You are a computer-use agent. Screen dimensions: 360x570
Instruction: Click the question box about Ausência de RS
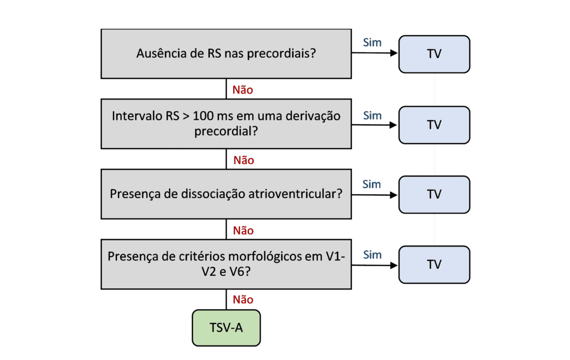tap(226, 54)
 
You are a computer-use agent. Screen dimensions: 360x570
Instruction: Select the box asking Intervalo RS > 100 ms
tap(226, 124)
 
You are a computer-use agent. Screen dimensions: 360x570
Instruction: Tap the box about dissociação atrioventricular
tap(226, 194)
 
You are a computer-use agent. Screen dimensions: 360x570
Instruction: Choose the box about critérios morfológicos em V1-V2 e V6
tap(226, 264)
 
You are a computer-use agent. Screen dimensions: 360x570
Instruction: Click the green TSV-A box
tap(226, 328)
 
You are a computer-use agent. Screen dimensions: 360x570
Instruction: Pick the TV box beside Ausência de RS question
tap(434, 54)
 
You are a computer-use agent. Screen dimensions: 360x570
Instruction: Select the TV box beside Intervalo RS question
tap(434, 125)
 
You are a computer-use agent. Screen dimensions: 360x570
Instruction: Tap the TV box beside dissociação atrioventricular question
tap(434, 194)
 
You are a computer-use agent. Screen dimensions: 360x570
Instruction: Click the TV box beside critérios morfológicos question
tap(434, 264)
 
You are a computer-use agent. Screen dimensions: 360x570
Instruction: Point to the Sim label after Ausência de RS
tap(372, 42)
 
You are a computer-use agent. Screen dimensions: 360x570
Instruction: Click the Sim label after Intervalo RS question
tap(372, 116)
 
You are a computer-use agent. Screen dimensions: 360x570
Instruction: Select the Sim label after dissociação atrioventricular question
tap(371, 184)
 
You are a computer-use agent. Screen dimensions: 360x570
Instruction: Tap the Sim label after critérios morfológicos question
tap(372, 254)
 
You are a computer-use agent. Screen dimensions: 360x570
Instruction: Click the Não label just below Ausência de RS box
tap(243, 90)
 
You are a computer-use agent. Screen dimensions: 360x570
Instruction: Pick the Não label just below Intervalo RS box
tap(243, 160)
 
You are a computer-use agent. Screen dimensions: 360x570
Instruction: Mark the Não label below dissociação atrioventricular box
tap(243, 230)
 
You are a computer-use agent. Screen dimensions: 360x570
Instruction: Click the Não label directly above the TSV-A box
tap(243, 300)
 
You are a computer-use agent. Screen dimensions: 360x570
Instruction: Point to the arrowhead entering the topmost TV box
tap(394, 54)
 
